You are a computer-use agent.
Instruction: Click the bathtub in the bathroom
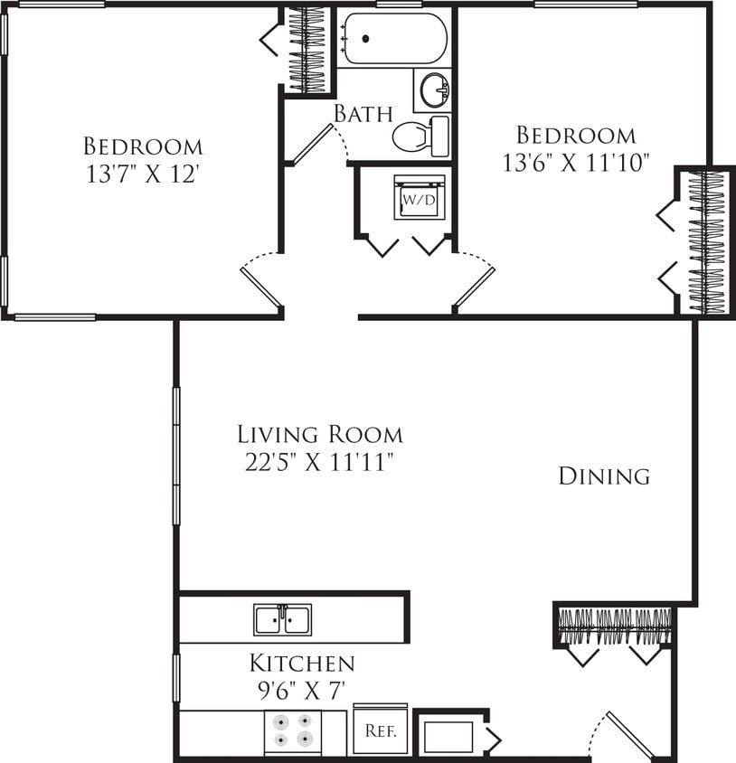(x=393, y=39)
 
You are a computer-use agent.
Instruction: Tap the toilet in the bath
(x=420, y=137)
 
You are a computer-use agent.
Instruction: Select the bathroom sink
(x=434, y=89)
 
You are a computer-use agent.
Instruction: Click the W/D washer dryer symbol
(x=419, y=198)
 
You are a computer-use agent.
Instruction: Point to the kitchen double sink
(x=282, y=620)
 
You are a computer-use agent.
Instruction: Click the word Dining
(x=604, y=476)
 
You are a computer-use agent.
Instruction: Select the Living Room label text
(x=320, y=434)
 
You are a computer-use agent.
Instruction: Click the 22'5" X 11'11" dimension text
(x=320, y=463)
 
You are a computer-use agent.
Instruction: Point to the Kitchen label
(x=302, y=664)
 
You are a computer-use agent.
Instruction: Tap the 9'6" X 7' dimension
(x=302, y=692)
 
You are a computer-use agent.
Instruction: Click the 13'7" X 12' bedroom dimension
(x=143, y=174)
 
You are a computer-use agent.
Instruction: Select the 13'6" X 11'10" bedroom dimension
(x=576, y=164)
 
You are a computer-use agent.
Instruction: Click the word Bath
(x=363, y=114)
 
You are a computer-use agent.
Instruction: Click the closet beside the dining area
(x=613, y=626)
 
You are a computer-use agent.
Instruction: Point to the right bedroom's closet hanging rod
(x=706, y=241)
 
